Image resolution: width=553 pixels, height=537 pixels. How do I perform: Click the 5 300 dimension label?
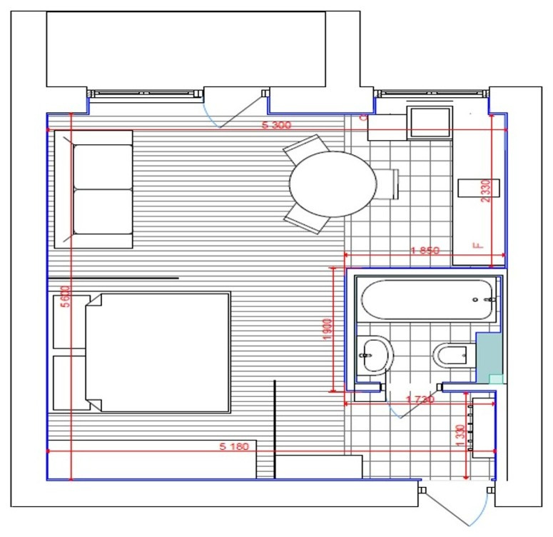(278, 126)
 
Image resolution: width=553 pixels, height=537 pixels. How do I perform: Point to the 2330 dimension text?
(484, 191)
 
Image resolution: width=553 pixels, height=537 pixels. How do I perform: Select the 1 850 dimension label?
(425, 251)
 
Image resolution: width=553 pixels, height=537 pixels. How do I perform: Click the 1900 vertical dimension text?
(328, 329)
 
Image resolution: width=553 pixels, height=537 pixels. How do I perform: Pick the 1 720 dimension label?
(420, 400)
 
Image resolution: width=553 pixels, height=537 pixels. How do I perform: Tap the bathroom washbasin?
(374, 353)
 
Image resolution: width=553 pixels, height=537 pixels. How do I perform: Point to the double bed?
(157, 351)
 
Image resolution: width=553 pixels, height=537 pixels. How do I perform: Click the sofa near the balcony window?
(102, 189)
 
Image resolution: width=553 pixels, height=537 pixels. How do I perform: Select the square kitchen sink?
(429, 123)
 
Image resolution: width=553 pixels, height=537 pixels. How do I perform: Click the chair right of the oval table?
(387, 184)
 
